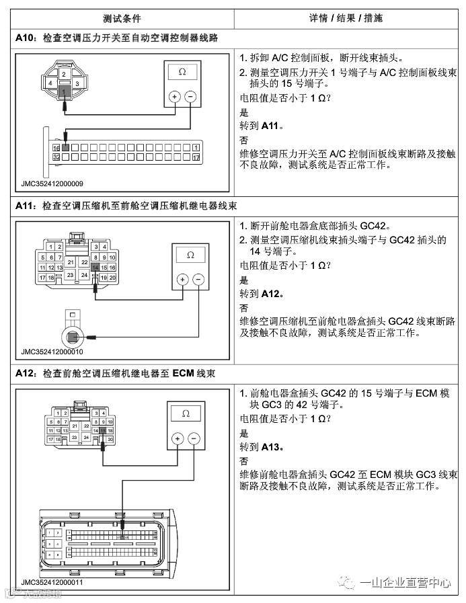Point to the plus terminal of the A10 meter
click(x=173, y=97)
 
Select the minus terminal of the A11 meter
click(x=198, y=280)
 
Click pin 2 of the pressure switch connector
click(x=63, y=73)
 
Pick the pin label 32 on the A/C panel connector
click(x=56, y=155)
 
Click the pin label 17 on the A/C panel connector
click(x=195, y=155)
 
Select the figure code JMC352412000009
click(x=52, y=182)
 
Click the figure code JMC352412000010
click(x=52, y=351)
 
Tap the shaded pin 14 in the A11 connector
click(x=95, y=267)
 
